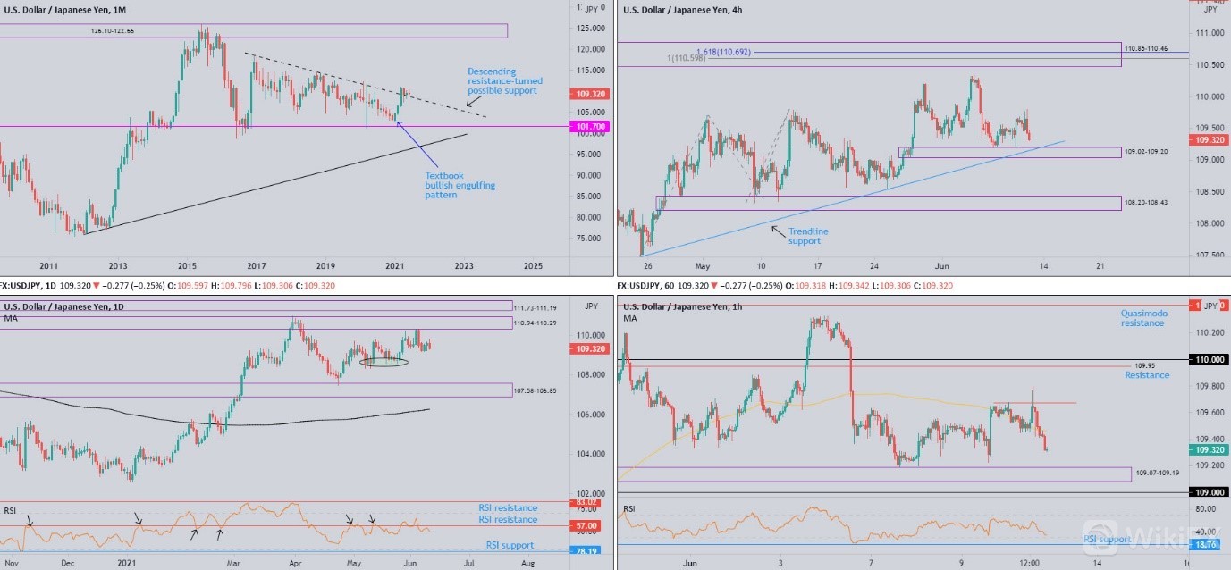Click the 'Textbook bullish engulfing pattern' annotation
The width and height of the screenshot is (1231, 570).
click(x=460, y=185)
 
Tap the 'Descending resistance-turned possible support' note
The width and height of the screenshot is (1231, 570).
click(x=504, y=80)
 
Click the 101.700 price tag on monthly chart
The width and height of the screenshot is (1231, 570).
click(x=587, y=127)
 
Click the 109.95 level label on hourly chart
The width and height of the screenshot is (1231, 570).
click(x=1145, y=366)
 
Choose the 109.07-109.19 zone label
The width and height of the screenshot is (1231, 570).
click(x=1158, y=472)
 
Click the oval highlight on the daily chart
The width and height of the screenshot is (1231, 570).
click(x=384, y=362)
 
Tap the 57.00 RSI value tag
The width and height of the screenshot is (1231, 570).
click(x=586, y=527)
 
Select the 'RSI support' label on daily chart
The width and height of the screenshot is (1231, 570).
click(x=510, y=545)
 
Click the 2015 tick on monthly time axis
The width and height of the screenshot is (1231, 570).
click(x=187, y=266)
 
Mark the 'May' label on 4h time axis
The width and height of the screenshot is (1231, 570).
click(x=702, y=266)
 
